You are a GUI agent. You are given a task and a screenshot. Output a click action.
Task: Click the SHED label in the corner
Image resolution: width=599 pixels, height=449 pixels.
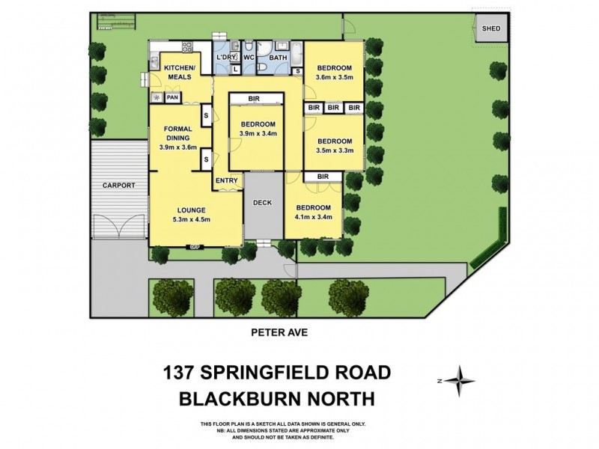pyautogui.click(x=490, y=29)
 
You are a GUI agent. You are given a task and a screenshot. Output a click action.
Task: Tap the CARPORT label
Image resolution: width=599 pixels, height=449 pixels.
pyautogui.click(x=119, y=186)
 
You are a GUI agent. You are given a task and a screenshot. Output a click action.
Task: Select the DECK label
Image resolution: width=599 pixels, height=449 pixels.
pyautogui.click(x=262, y=203)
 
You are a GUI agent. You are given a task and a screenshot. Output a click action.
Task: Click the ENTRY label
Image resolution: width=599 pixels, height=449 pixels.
pyautogui.click(x=226, y=180)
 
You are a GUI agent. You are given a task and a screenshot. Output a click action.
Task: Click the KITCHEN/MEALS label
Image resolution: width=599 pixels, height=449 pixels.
pyautogui.click(x=179, y=73)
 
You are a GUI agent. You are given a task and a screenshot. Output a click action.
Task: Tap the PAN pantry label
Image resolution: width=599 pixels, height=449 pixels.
pyautogui.click(x=172, y=97)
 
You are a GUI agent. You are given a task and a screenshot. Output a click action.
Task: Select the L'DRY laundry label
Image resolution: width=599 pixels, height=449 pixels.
pyautogui.click(x=225, y=58)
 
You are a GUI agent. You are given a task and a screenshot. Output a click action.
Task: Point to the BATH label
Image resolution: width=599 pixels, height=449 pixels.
pyautogui.click(x=277, y=58)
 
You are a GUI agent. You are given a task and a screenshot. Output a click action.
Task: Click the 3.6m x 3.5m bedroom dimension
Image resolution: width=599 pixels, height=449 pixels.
pyautogui.click(x=334, y=77)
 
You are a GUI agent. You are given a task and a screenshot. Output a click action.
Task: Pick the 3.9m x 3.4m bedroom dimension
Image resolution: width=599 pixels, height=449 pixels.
pyautogui.click(x=258, y=134)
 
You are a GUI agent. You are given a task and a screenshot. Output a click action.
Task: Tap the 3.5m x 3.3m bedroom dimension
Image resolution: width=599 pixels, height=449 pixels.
pyautogui.click(x=334, y=150)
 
